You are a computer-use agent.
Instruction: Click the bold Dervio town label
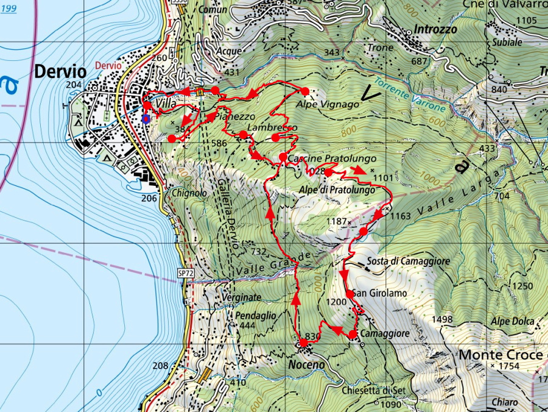pos(60,72)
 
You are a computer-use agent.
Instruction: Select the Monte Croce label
pos(500,354)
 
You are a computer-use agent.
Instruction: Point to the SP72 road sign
pos(186,274)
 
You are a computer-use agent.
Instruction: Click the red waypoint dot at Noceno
pos(303,343)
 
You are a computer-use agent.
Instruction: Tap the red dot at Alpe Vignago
pos(305,91)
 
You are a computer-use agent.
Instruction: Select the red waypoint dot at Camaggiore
pos(353,334)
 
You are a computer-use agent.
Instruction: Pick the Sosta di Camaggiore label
pos(408,261)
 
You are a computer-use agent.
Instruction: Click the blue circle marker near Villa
pos(145,118)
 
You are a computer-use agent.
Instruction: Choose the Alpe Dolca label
pos(512,321)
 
